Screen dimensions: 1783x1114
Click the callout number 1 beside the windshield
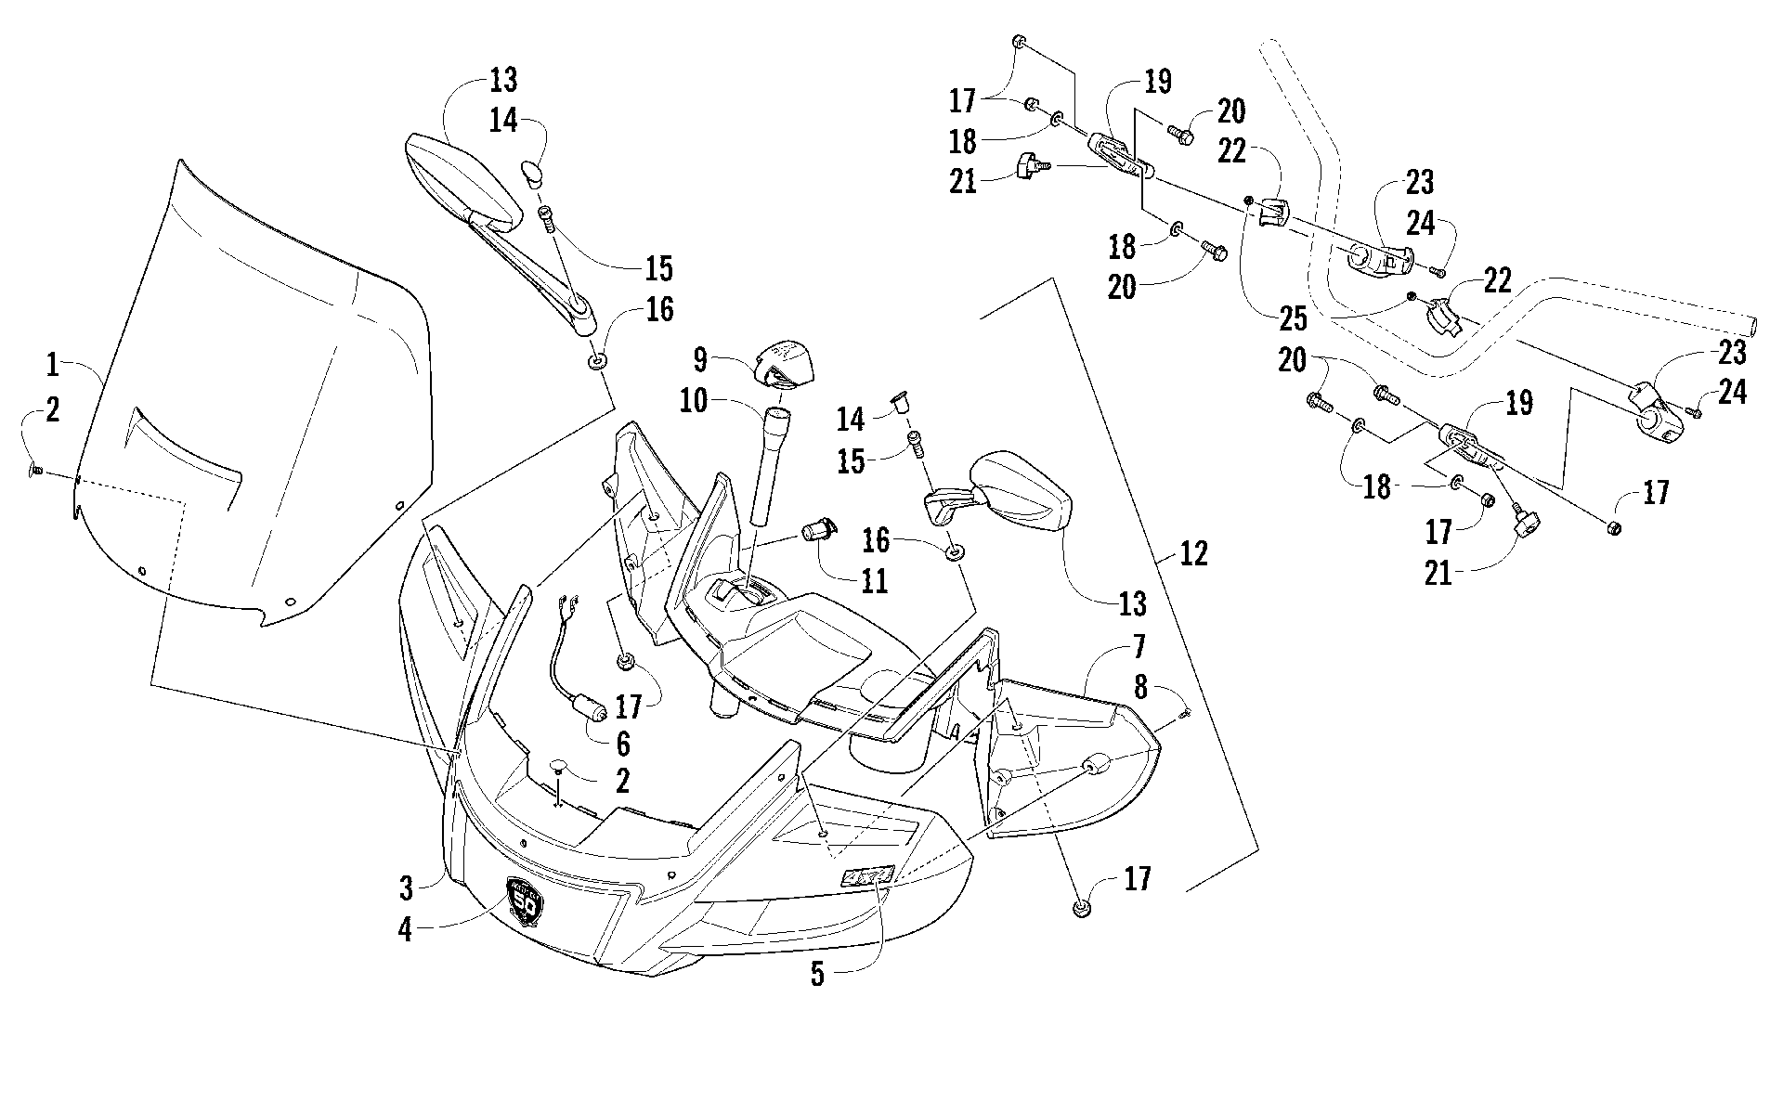click(53, 365)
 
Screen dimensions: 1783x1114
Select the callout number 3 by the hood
click(406, 888)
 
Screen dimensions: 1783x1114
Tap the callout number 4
click(406, 929)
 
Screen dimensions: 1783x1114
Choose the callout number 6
click(621, 743)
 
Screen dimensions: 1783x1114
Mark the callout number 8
click(1140, 688)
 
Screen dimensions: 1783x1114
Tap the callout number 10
click(719, 401)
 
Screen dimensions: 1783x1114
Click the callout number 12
click(1193, 554)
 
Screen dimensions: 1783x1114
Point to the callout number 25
click(1293, 319)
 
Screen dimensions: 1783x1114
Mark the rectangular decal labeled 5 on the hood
click(867, 875)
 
